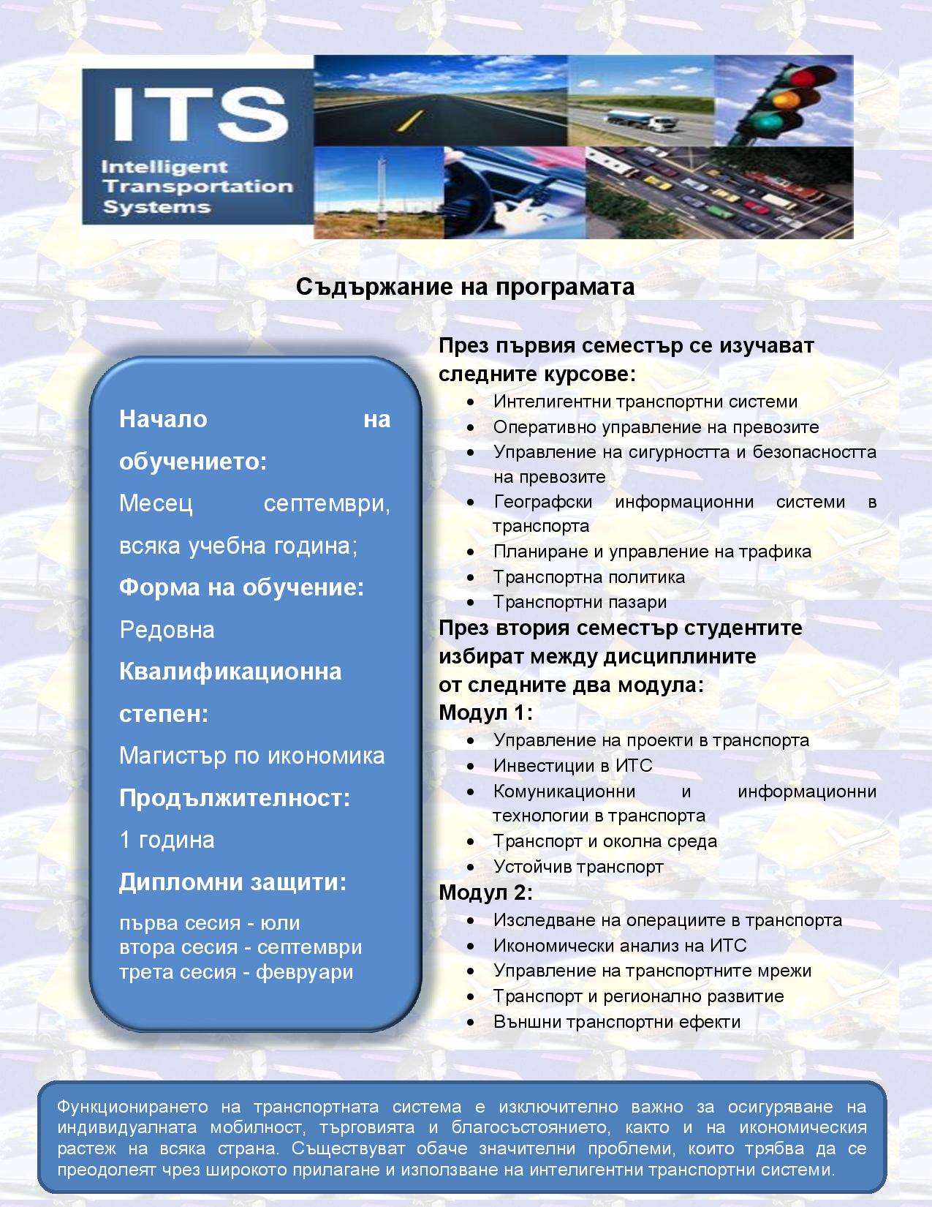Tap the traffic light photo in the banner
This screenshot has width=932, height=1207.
783,101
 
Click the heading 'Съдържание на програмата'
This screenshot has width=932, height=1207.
465,287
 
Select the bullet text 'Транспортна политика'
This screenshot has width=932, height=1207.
588,577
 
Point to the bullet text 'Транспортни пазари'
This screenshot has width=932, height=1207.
580,602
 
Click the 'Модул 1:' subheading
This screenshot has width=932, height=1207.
485,712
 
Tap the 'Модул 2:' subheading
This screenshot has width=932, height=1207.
485,892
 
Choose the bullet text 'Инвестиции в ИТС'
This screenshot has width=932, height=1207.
572,766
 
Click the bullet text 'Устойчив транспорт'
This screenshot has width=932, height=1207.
578,867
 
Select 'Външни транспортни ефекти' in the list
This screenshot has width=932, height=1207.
617,1022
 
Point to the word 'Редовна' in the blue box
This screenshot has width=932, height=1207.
167,630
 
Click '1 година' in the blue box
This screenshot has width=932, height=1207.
167,840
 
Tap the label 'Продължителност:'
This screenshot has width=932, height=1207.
235,798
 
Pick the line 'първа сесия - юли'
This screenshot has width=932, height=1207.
210,923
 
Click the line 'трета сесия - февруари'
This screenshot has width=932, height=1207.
236,972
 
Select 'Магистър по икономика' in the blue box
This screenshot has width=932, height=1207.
251,756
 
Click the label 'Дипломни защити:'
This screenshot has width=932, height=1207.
232,882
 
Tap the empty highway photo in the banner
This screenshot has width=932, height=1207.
440,101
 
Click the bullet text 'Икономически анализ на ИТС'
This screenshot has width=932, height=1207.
620,946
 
